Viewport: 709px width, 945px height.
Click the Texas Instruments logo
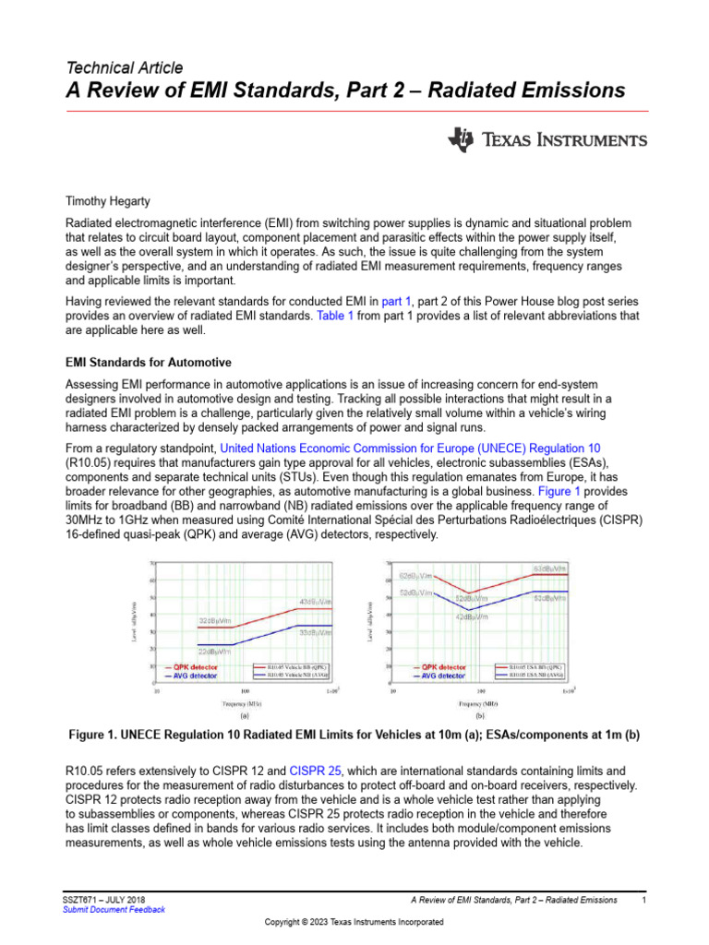547,140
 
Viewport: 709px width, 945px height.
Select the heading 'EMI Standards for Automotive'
149,362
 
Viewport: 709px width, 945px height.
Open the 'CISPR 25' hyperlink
318,769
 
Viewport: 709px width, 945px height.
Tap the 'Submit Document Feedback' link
114,909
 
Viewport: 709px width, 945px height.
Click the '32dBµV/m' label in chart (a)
217,620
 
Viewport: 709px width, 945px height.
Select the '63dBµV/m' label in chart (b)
548,568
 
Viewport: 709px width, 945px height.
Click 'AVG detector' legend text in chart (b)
439,676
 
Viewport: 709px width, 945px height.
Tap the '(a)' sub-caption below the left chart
244,714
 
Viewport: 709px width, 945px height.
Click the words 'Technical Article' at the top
125,67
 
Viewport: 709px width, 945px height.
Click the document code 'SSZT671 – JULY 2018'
102,899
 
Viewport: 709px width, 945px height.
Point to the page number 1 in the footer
643,899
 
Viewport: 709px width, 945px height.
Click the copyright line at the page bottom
354,922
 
